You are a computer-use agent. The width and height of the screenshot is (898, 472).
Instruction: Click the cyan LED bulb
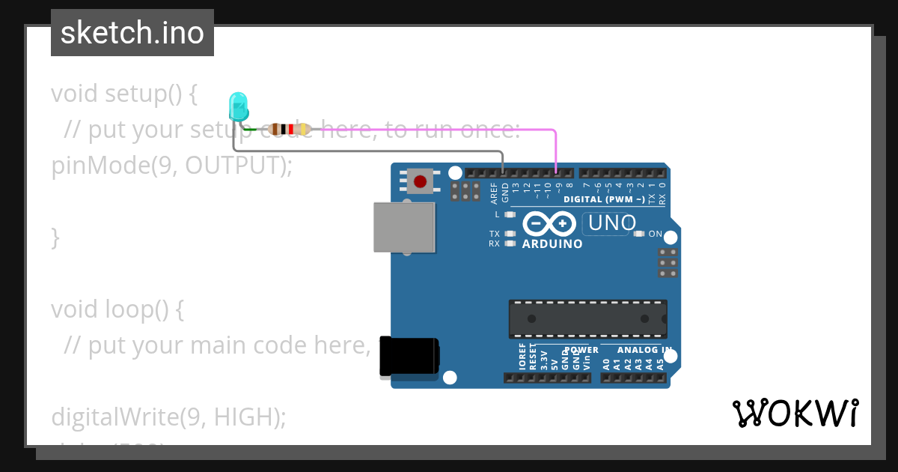pyautogui.click(x=238, y=106)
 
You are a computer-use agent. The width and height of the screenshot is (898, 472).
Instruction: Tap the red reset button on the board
pyautogui.click(x=420, y=181)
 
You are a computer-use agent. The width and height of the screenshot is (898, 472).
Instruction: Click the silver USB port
pyautogui.click(x=405, y=227)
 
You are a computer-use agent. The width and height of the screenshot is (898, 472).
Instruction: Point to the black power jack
pyautogui.click(x=409, y=356)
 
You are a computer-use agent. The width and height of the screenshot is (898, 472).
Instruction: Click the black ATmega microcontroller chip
pyautogui.click(x=588, y=318)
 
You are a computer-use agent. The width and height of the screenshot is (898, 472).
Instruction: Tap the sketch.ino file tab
pyautogui.click(x=132, y=33)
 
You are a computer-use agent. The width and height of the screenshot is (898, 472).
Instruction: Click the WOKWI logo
pyautogui.click(x=795, y=413)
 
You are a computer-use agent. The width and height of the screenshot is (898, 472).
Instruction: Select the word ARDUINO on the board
pyautogui.click(x=552, y=244)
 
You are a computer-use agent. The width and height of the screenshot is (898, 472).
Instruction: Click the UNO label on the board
pyautogui.click(x=612, y=223)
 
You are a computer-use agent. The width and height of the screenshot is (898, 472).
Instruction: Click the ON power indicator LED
pyautogui.click(x=638, y=234)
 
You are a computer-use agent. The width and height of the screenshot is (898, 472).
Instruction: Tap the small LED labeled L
pyautogui.click(x=510, y=214)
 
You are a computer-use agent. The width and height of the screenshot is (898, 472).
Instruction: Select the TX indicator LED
pyautogui.click(x=510, y=234)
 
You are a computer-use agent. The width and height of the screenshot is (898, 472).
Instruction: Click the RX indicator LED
pyautogui.click(x=510, y=243)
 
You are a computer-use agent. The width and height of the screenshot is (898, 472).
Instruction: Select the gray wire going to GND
pyautogui.click(x=374, y=151)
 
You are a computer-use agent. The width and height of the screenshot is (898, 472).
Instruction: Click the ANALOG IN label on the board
pyautogui.click(x=644, y=350)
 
